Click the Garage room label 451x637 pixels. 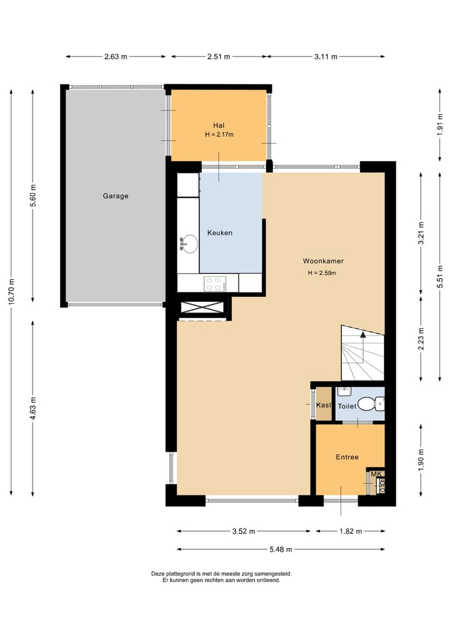(x=115, y=196)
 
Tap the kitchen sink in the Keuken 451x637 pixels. (x=189, y=244)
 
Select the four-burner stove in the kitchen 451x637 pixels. (x=215, y=283)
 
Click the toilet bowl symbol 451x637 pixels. (x=367, y=404)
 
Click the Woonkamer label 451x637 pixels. (x=323, y=261)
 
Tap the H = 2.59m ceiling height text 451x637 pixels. (x=322, y=273)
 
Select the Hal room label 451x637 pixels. (x=219, y=125)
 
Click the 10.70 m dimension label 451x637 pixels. (x=11, y=291)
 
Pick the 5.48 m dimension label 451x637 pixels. (x=281, y=549)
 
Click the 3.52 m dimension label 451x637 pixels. (x=244, y=531)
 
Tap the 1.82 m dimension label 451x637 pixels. (x=351, y=531)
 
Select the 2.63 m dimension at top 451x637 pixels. (x=116, y=56)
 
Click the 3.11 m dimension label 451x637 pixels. (x=326, y=56)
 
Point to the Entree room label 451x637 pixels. (x=347, y=457)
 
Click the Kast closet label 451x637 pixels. (x=324, y=405)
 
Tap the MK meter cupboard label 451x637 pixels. (x=376, y=474)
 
